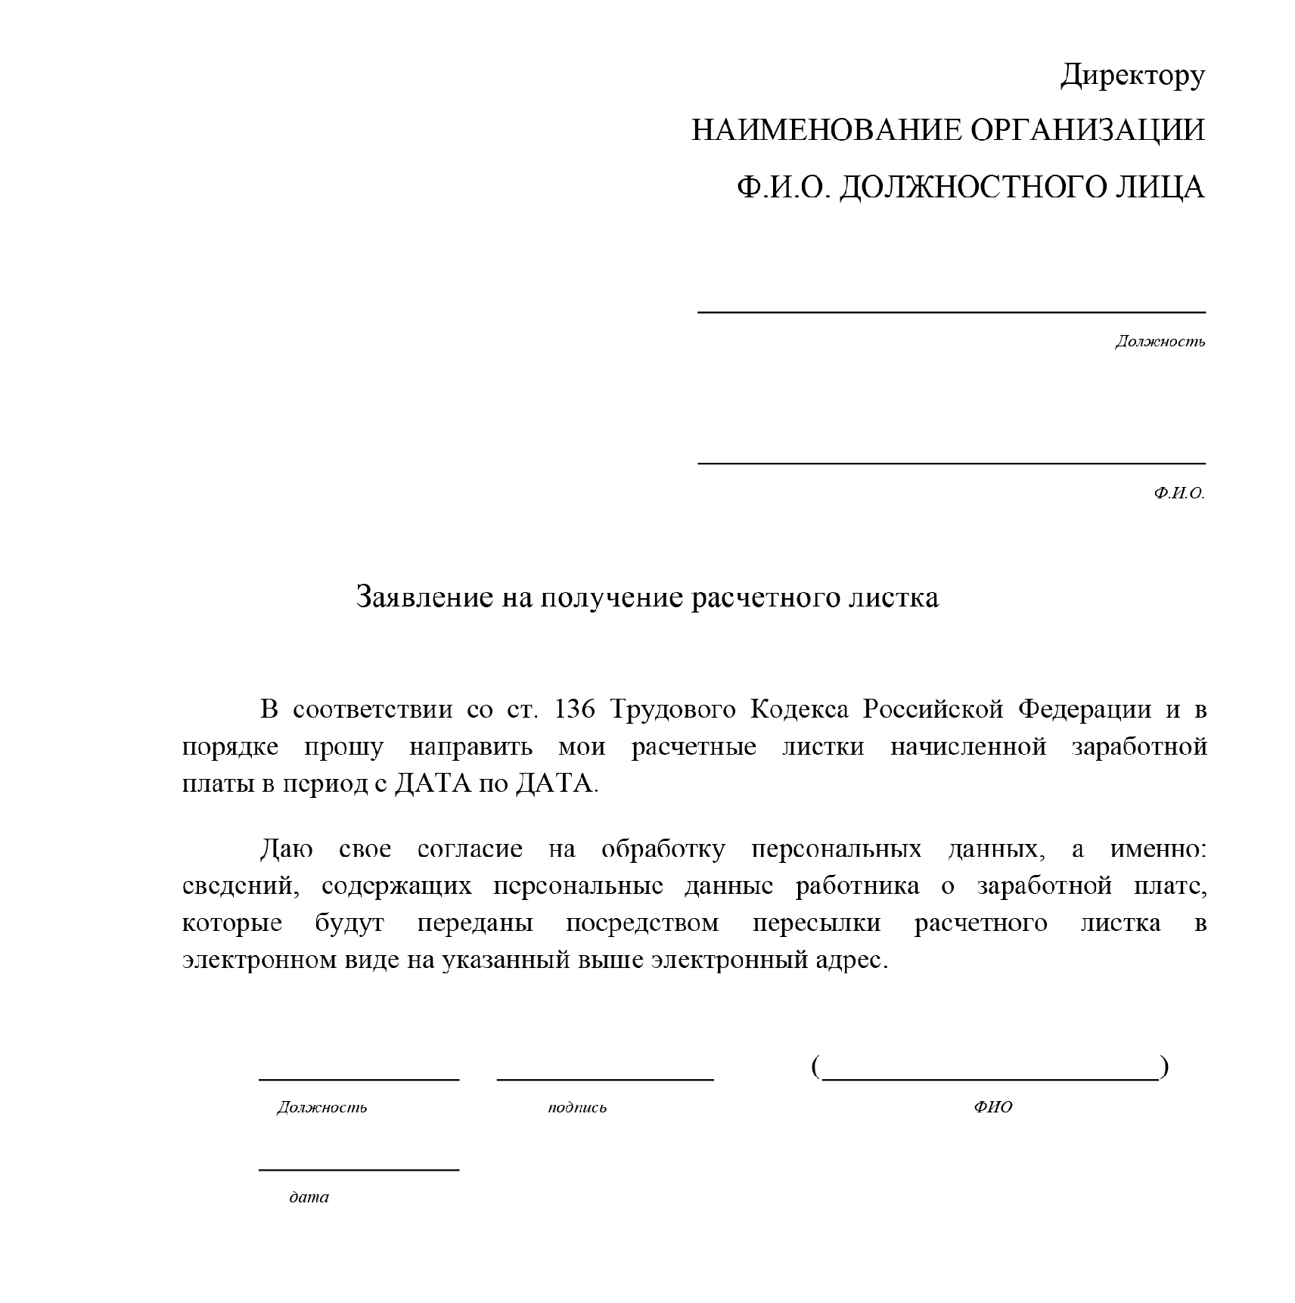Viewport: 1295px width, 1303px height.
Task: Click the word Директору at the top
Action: pos(1132,76)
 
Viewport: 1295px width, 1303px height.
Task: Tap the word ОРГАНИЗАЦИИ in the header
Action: pos(1087,130)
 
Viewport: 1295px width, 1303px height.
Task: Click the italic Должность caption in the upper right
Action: pos(1160,342)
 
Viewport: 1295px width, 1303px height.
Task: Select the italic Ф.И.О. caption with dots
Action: pos(1179,493)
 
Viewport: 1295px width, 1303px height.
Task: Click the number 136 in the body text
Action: pos(576,709)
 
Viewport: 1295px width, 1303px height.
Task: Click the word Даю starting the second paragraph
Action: pos(287,849)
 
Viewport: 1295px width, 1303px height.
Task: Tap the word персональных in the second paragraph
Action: pos(837,849)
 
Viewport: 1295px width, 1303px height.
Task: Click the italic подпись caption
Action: pos(577,1108)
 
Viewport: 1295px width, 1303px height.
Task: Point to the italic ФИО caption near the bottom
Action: pos(992,1107)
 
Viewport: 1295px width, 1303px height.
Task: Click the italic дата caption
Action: pos(309,1197)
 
